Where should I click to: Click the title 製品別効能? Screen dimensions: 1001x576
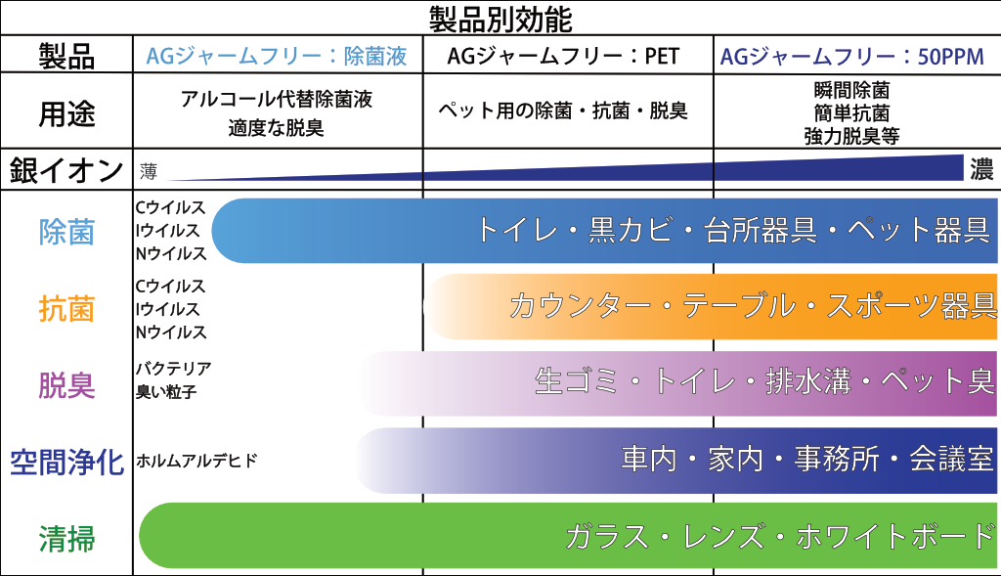click(500, 20)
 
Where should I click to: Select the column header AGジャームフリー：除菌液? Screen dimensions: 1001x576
click(277, 56)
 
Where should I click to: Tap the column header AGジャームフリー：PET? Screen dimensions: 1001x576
click(563, 56)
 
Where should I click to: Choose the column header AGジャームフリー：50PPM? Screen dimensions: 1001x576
click(852, 57)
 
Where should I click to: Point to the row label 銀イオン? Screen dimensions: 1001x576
click(66, 170)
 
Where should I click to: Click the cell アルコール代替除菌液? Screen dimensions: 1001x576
click(277, 99)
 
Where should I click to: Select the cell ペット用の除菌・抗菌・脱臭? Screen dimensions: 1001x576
click(563, 111)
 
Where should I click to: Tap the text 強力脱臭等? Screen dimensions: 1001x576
click(851, 136)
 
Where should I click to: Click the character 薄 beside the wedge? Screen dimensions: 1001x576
click(149, 171)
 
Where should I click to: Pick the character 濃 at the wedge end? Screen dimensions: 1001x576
click(981, 169)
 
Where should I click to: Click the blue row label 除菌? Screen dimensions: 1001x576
click(66, 232)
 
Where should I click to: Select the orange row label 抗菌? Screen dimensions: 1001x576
click(66, 308)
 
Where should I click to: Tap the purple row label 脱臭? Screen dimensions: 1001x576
click(66, 385)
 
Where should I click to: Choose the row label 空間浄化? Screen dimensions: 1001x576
click(66, 462)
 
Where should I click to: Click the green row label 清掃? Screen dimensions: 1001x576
click(66, 538)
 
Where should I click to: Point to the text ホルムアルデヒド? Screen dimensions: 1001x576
click(196, 461)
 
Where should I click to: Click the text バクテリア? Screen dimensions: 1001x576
click(174, 369)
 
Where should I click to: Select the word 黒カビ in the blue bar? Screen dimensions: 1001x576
click(631, 230)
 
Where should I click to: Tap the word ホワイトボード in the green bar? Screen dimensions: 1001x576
click(895, 537)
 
